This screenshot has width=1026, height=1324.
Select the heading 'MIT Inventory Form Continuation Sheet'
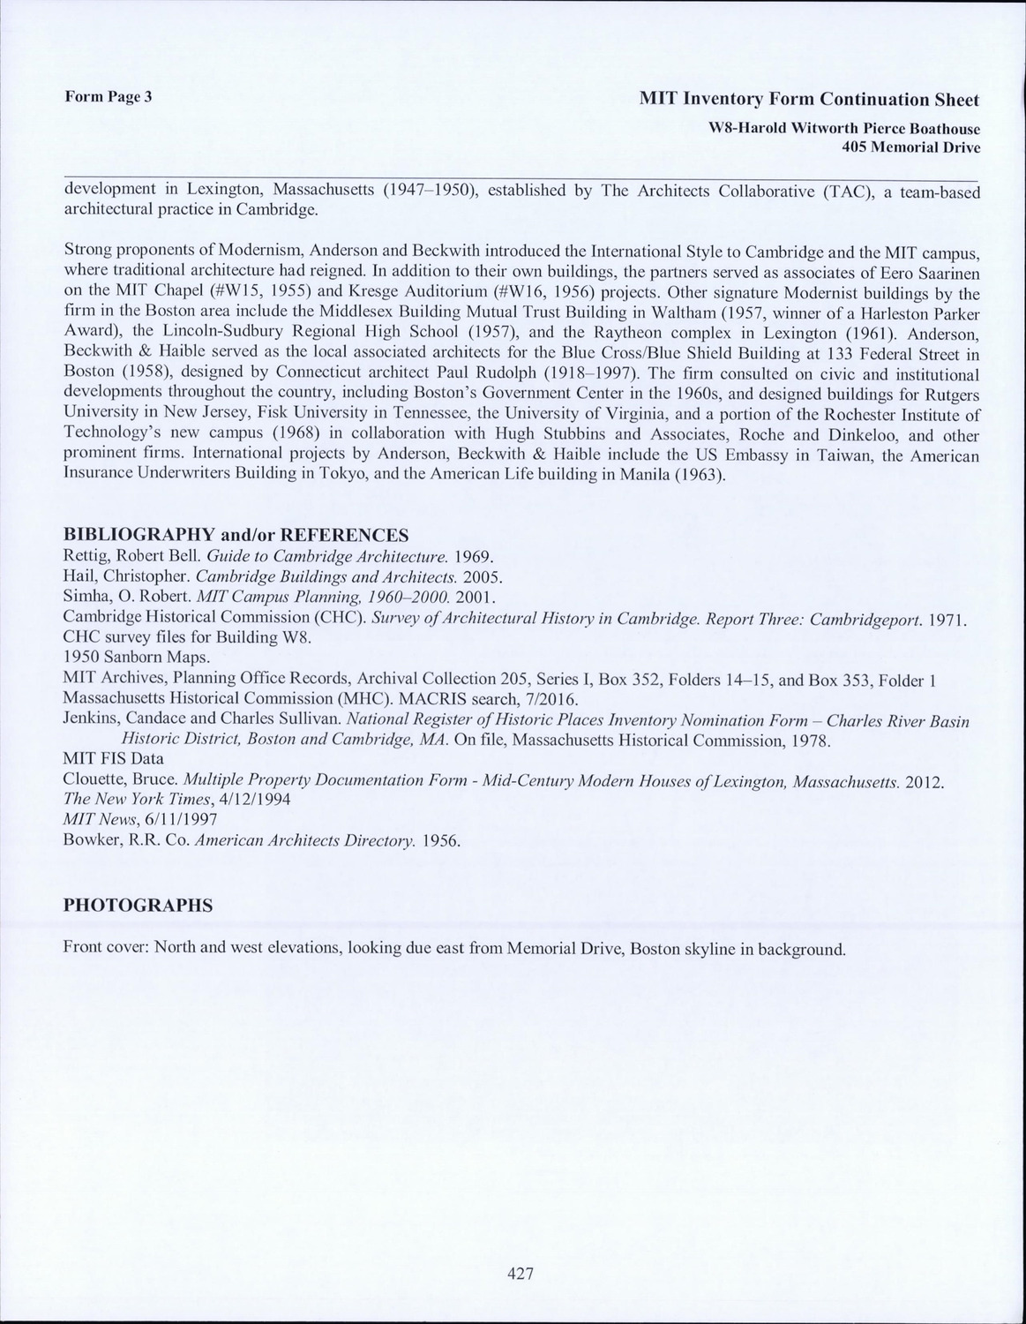point(809,99)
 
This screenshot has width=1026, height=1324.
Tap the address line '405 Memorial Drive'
point(911,147)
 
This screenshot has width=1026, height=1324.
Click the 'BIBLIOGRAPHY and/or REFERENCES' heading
point(236,535)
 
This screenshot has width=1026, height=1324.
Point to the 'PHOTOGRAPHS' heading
point(138,906)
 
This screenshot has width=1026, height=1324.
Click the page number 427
point(521,1274)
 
